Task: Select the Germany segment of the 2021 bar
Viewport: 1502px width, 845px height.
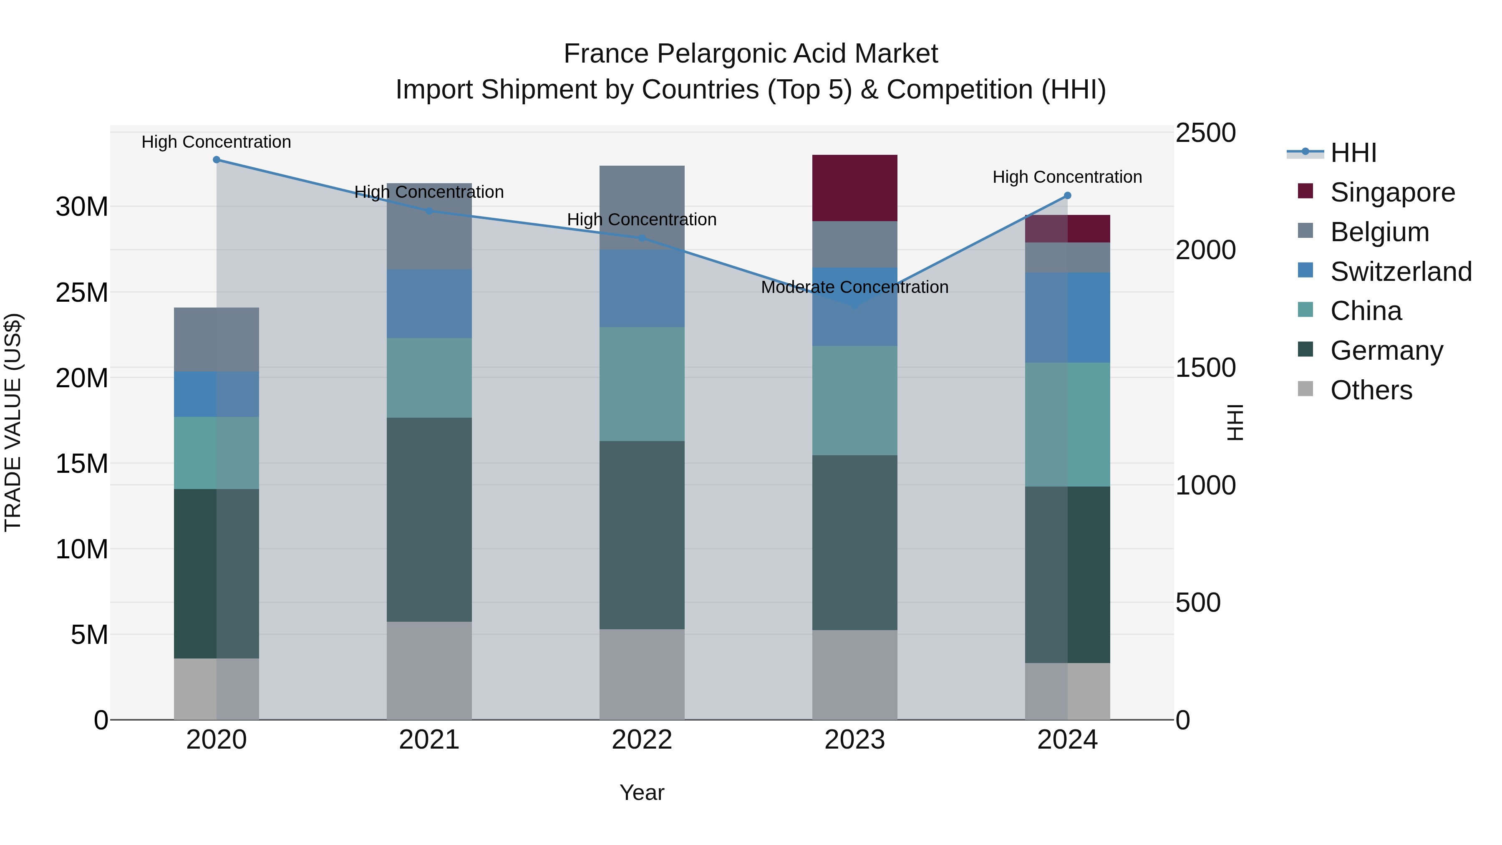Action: click(429, 519)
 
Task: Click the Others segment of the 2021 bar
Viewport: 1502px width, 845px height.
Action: click(429, 670)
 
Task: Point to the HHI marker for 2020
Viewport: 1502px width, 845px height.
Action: click(216, 160)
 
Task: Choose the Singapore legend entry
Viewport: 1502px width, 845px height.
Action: click(1392, 192)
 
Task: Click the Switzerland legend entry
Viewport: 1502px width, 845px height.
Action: click(1401, 272)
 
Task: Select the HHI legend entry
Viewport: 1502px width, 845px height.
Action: click(1353, 153)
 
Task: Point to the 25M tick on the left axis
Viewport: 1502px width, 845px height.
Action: click(82, 292)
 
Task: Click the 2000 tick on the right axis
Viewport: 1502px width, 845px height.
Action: click(1205, 250)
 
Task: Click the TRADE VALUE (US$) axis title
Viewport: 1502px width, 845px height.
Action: click(13, 422)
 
